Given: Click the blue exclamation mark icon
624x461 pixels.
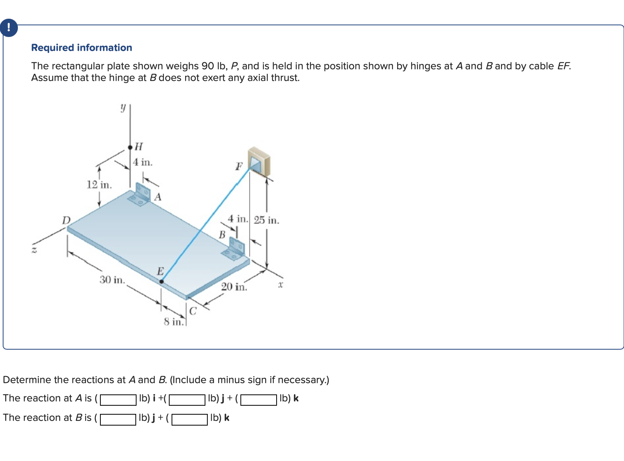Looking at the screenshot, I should click(x=9, y=28).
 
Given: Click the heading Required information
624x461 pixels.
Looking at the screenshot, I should click(x=82, y=48).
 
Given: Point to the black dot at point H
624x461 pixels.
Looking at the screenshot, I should click(x=130, y=147).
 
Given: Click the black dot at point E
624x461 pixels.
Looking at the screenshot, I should click(x=161, y=281).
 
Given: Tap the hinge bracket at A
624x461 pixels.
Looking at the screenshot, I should click(x=140, y=195).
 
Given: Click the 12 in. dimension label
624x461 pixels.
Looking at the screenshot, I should click(x=99, y=185).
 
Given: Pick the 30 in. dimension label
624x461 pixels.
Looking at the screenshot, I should click(x=112, y=280).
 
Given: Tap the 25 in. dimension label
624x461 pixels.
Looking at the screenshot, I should click(x=266, y=220).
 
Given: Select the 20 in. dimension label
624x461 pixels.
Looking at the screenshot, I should click(x=234, y=287).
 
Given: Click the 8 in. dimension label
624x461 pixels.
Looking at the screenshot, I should click(x=173, y=322).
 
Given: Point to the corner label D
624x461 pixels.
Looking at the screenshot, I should click(x=66, y=220).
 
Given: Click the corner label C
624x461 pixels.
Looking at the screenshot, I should click(x=193, y=311).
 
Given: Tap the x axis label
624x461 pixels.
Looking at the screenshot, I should click(x=280, y=285).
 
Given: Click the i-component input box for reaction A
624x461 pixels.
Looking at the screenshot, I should click(x=118, y=399).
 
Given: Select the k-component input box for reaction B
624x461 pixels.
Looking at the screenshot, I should click(x=189, y=419).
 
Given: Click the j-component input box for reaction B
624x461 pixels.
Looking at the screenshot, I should click(x=118, y=419).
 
